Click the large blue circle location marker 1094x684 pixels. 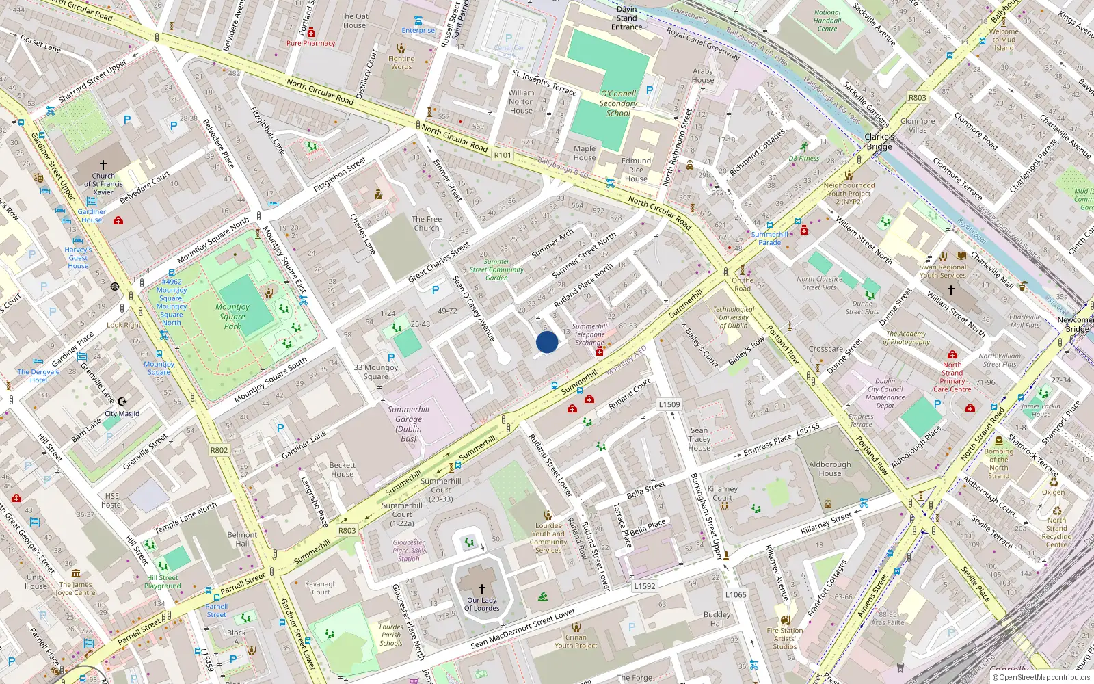coord(546,342)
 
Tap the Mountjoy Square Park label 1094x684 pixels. coord(232,317)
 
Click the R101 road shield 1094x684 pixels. coord(503,155)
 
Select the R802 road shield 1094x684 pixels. coord(219,450)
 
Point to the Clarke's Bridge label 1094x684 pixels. coord(879,142)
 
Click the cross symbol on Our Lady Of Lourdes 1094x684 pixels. coord(482,588)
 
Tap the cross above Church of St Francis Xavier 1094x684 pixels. coord(103,165)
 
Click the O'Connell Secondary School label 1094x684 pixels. coord(618,103)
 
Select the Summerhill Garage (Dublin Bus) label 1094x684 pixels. coord(408,424)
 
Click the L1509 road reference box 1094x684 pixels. coord(669,404)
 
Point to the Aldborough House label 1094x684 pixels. coord(830,469)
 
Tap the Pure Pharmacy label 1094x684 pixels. coord(311,43)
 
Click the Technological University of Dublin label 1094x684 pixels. coord(733,317)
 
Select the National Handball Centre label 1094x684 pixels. coord(827,21)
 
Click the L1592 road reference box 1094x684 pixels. coord(644,586)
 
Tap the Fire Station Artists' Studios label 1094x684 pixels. coord(785,638)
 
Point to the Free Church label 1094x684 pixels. coord(427,224)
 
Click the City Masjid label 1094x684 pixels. coord(122,414)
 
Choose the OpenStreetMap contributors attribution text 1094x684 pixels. coord(1041,677)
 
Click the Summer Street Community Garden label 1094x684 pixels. coord(496,269)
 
